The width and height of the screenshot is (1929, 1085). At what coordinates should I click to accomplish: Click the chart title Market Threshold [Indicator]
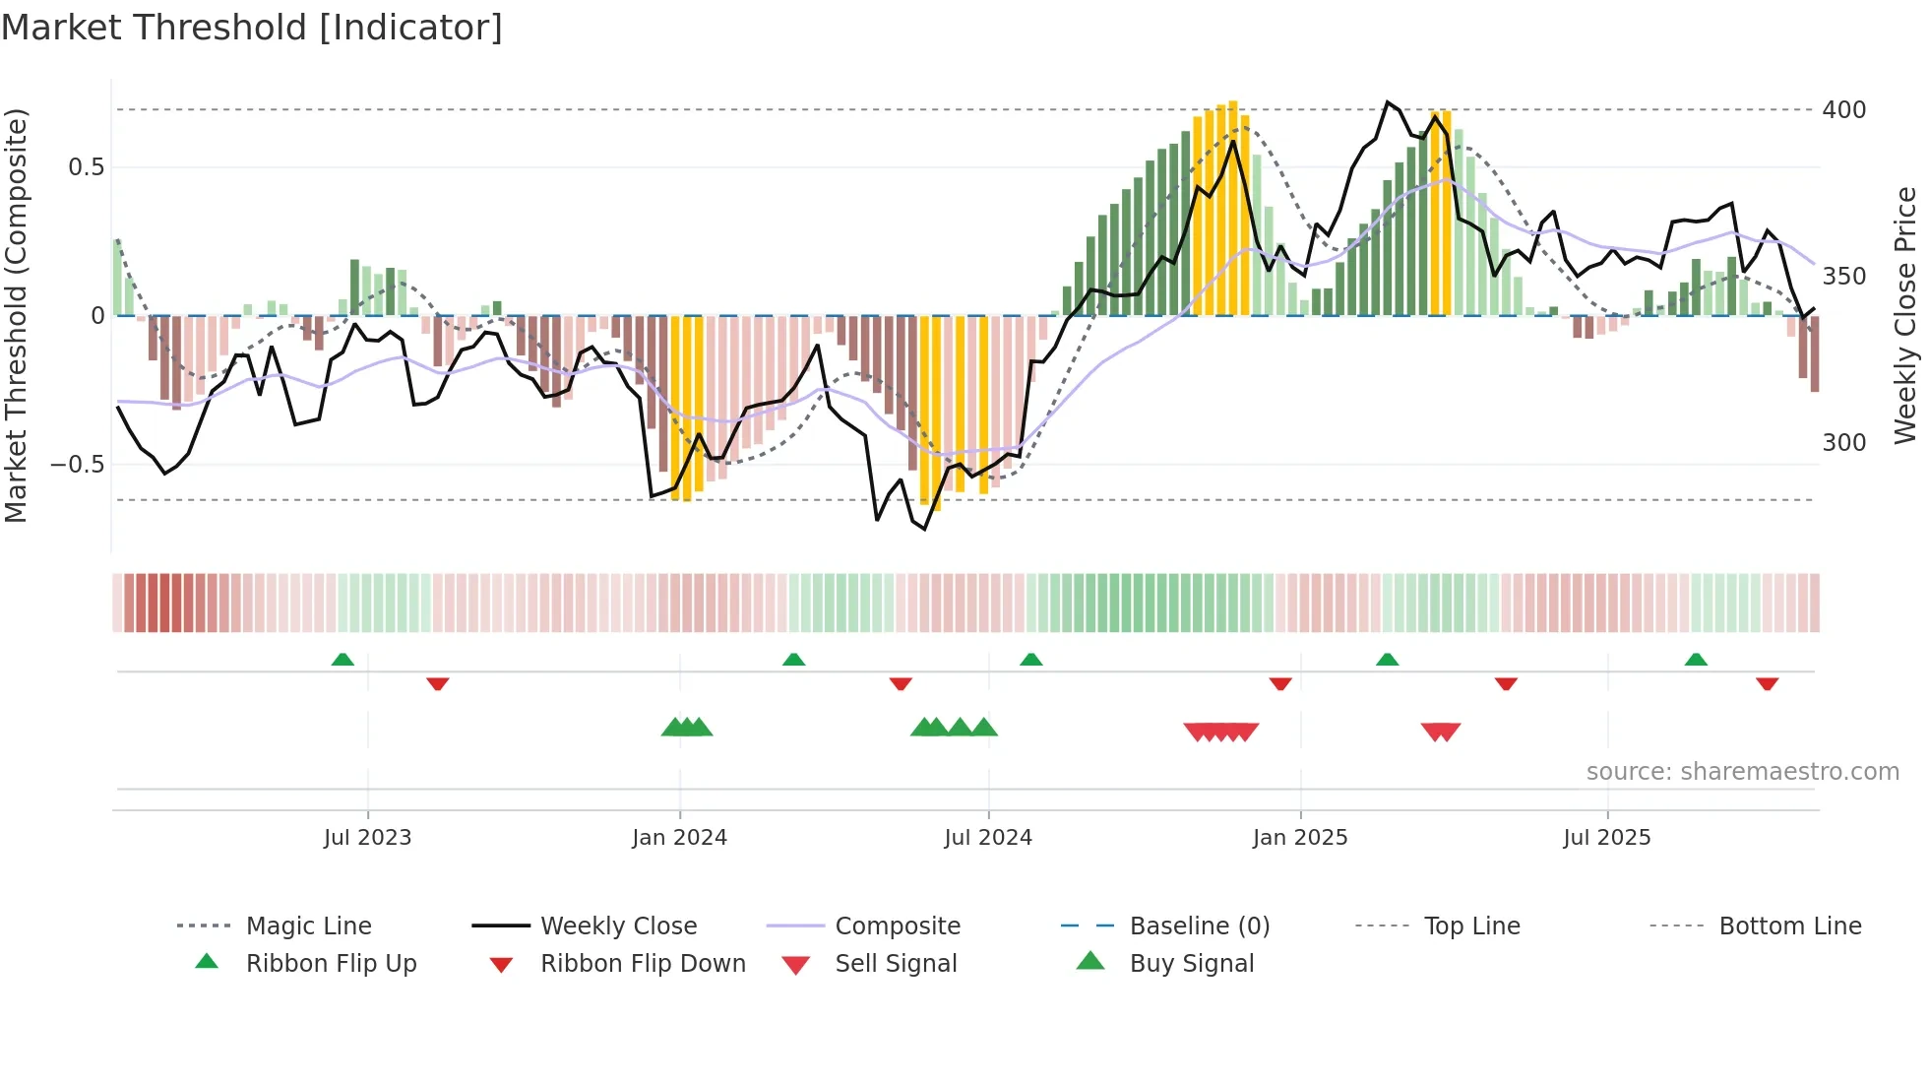coord(252,28)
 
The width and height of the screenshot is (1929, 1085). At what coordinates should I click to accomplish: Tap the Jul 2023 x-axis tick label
coord(367,838)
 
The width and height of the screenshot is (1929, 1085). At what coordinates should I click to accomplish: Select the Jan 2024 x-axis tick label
coord(679,838)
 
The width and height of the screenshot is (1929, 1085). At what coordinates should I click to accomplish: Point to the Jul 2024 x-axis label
coord(987,838)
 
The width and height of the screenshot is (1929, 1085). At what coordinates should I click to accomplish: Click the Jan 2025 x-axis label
coord(1299,838)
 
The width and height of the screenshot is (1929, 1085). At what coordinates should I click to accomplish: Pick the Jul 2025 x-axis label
coord(1606,838)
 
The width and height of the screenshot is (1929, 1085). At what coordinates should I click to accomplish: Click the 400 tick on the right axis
coord(1843,110)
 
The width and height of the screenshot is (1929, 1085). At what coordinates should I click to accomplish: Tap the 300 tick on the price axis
coord(1843,443)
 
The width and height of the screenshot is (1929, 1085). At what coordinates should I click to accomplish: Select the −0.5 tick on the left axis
coord(77,464)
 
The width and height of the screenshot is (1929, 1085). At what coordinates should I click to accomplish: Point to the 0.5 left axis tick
coord(86,167)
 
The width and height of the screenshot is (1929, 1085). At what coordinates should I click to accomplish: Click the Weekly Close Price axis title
coord(1905,315)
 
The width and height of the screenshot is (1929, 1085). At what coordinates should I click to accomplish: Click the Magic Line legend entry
coord(308,926)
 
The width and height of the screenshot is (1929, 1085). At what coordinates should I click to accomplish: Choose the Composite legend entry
coord(897,926)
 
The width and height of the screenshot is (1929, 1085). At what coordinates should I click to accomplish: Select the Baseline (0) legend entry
coord(1199,926)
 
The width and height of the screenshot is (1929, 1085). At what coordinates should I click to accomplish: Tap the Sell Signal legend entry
coord(895,964)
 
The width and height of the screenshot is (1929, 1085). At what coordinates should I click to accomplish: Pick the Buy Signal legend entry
coord(1191,964)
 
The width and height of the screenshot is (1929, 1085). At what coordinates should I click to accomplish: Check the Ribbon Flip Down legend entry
coord(642,964)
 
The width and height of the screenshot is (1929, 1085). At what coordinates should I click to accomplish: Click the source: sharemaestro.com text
coord(1742,772)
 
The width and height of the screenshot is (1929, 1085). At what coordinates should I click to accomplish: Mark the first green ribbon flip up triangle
coord(342,660)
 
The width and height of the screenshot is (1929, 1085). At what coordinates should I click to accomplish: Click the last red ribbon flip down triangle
coord(1767,683)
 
